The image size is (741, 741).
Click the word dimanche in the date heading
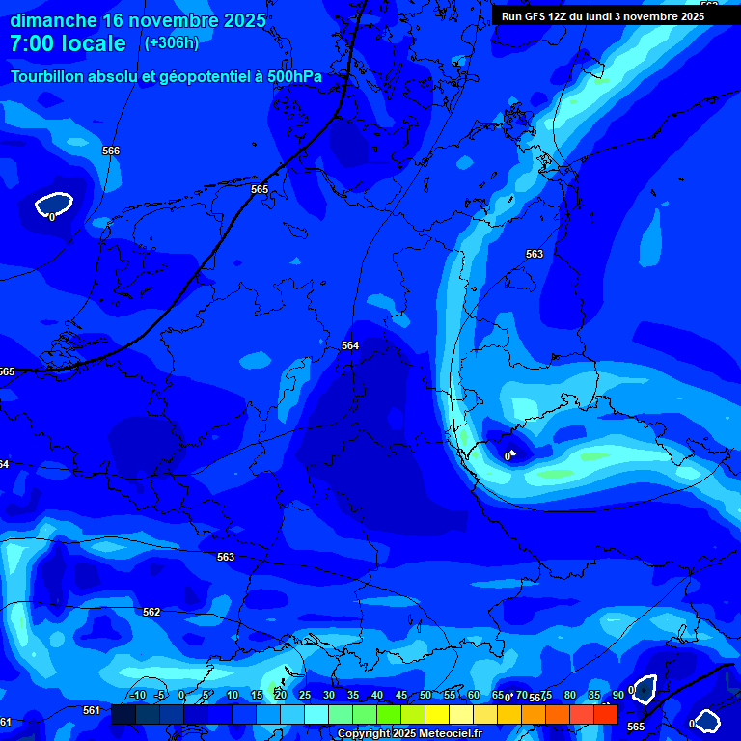[54, 20]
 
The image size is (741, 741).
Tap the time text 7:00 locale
[68, 43]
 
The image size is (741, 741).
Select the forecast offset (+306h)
[171, 43]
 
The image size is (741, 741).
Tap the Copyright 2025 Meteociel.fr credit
[409, 734]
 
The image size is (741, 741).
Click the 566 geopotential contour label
[111, 151]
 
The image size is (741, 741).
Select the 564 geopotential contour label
[350, 345]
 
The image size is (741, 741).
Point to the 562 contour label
[151, 612]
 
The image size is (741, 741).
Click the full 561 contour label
[92, 710]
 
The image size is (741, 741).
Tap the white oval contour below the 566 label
[54, 205]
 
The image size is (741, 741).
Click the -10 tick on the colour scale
[137, 695]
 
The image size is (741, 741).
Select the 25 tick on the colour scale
[304, 695]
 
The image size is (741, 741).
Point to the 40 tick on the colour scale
[376, 695]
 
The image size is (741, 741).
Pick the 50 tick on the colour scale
[425, 695]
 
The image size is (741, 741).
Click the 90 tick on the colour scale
[617, 695]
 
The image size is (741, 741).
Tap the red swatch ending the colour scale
[605, 714]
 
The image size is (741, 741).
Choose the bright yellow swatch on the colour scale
[436, 714]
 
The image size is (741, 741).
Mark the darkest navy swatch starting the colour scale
[123, 714]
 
